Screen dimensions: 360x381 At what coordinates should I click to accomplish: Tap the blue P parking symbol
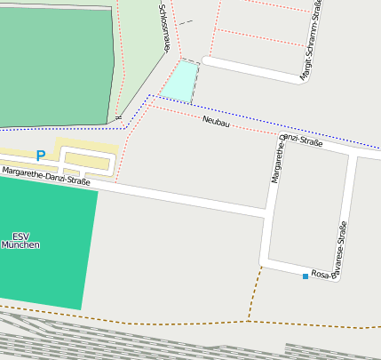(40, 156)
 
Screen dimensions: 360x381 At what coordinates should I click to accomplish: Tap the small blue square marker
(306, 276)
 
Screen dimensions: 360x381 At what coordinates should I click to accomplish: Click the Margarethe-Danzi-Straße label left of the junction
(46, 176)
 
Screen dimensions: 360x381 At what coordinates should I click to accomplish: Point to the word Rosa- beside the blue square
(321, 275)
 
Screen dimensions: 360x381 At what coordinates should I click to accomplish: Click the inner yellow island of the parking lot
(87, 161)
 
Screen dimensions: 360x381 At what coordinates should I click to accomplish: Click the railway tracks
(133, 342)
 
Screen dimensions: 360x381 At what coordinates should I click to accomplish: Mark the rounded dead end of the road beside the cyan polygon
(206, 60)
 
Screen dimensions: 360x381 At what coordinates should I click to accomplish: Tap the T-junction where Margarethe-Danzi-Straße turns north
(266, 214)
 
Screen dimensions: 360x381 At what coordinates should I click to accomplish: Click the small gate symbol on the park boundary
(118, 117)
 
